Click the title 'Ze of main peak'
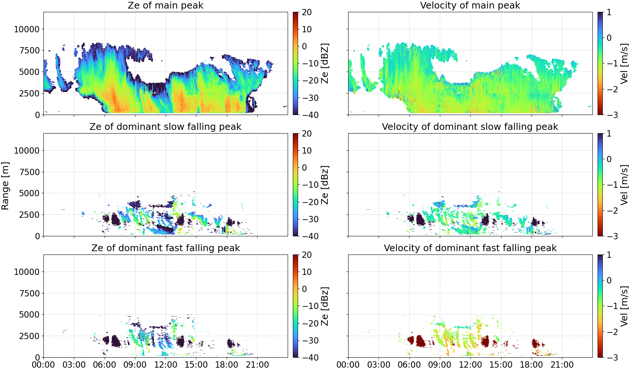tap(165, 5)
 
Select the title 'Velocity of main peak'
tap(470, 5)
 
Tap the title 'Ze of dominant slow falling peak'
tap(165, 127)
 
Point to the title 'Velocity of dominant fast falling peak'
tap(470, 248)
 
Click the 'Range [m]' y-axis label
tap(5, 186)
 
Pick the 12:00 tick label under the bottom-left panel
tap(166, 365)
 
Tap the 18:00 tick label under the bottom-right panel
tap(532, 365)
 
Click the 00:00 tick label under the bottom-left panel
tap(43, 365)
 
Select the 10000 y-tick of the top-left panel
tap(27, 29)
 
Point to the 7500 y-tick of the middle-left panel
tap(29, 172)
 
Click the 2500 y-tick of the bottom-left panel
tap(29, 336)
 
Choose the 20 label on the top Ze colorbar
tap(307, 12)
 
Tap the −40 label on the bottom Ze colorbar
tap(310, 358)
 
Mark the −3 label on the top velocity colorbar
tap(608, 115)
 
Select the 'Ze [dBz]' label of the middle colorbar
tap(325, 185)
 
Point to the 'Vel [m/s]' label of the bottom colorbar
tap(624, 306)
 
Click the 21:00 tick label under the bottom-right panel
tap(562, 365)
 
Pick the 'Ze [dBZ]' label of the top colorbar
tap(325, 63)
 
